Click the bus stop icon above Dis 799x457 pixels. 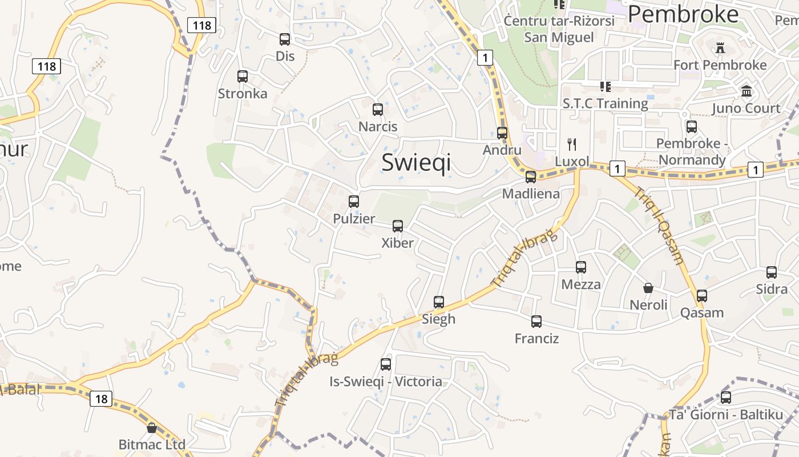285,39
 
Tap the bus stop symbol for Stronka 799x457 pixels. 243,77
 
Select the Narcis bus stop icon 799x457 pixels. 378,110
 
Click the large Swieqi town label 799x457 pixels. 416,162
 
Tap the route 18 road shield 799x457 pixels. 100,399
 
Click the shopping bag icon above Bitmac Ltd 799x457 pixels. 152,428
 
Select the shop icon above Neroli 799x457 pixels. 648,288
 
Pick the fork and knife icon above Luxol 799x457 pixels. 572,144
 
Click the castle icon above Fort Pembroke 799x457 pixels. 720,48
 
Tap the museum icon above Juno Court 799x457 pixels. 746,91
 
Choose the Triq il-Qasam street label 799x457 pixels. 660,226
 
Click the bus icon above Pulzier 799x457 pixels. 354,202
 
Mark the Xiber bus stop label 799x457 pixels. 398,243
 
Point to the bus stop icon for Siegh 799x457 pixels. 439,302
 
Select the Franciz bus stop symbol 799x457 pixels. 536,322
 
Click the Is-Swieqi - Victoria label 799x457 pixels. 386,382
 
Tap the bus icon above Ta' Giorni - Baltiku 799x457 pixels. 726,398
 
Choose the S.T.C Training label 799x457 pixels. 606,104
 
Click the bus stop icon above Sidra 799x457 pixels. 772,272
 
